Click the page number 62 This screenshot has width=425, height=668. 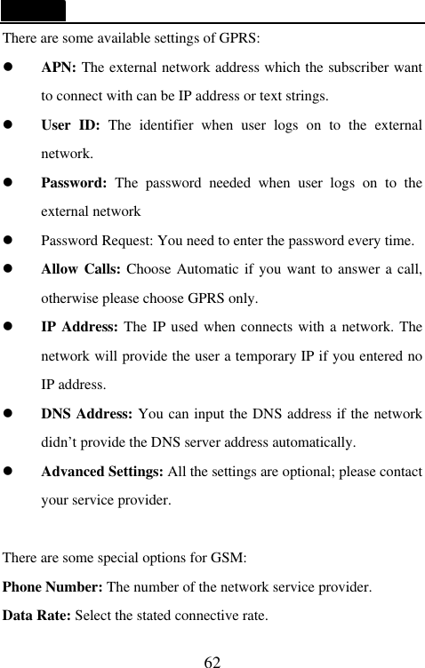(212, 662)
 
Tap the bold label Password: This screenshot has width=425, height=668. (74, 183)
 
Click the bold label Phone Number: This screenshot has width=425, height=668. (53, 588)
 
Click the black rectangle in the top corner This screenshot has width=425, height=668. (33, 11)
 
